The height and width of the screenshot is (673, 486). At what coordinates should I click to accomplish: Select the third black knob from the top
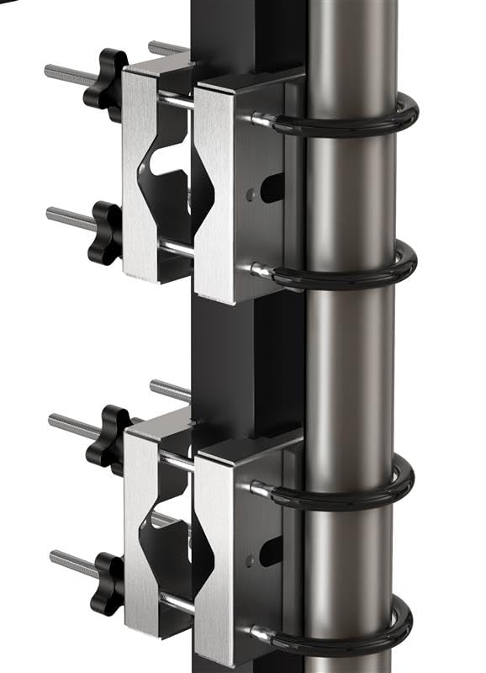click(108, 437)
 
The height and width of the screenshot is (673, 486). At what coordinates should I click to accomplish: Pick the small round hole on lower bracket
click(250, 557)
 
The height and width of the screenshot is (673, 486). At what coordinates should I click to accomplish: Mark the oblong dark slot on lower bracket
click(272, 551)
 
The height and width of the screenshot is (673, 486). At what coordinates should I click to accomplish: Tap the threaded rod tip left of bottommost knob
click(55, 556)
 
